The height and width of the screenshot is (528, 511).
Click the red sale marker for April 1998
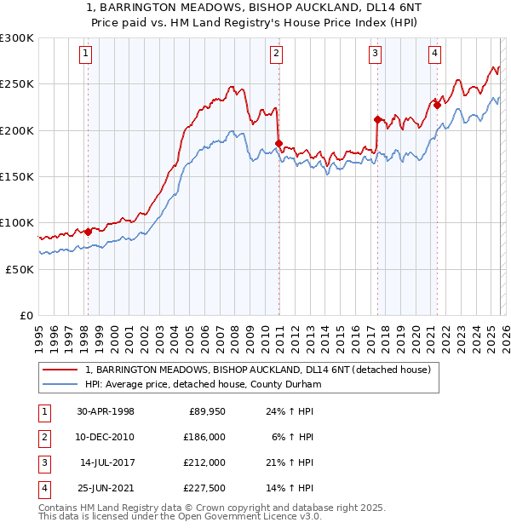point(88,232)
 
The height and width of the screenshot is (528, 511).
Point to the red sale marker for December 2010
point(278,143)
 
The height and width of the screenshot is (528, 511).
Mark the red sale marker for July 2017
point(376,119)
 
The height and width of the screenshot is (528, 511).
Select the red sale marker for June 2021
point(436,105)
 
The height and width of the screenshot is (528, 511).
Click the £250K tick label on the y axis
point(17,84)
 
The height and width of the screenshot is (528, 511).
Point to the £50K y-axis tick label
point(20,268)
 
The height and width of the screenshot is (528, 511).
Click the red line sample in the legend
point(61,370)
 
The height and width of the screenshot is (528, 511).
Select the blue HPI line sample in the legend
point(61,384)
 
